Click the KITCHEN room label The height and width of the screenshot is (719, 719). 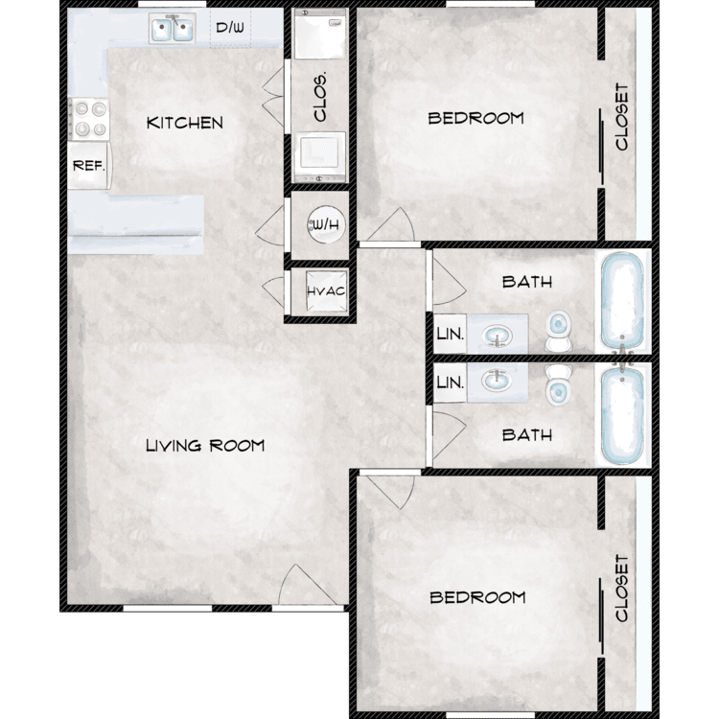coord(185,123)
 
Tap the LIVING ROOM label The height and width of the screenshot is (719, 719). coord(205,445)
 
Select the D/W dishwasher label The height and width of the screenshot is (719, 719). coord(230,28)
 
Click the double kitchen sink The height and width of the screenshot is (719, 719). coord(173,29)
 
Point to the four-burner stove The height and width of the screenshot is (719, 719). coord(89,119)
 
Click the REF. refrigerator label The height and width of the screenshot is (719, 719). coord(89,166)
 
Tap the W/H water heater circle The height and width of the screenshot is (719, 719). coord(326,224)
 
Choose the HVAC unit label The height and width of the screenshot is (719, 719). coord(326,291)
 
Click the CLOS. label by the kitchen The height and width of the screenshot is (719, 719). coord(320,96)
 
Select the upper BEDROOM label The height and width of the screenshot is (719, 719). coord(475,118)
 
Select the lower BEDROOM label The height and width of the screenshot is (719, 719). coord(477,597)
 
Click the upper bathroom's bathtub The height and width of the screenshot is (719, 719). coord(623,301)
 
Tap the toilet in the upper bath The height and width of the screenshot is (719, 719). coord(559,331)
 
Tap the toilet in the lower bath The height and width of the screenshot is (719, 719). coord(559,385)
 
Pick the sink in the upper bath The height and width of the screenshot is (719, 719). coord(498,335)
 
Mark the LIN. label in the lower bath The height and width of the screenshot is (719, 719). coord(451,383)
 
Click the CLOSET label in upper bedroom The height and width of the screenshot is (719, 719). coord(621,116)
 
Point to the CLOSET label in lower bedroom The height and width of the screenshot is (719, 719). coord(621,589)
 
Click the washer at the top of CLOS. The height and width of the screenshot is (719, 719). coord(319,34)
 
